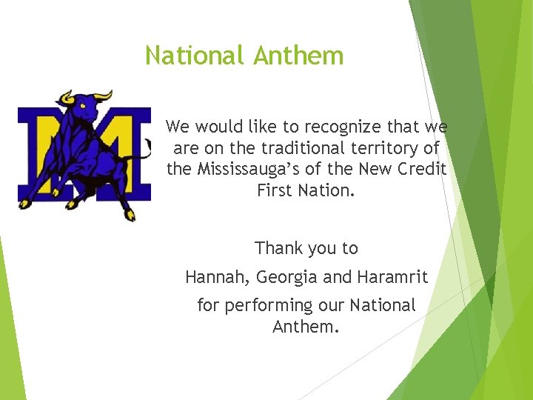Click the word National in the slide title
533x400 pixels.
click(x=194, y=56)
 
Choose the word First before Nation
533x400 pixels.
click(x=274, y=190)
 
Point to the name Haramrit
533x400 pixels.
click(x=392, y=278)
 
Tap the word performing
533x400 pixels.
click(x=269, y=305)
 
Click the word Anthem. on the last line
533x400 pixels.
click(x=306, y=327)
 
